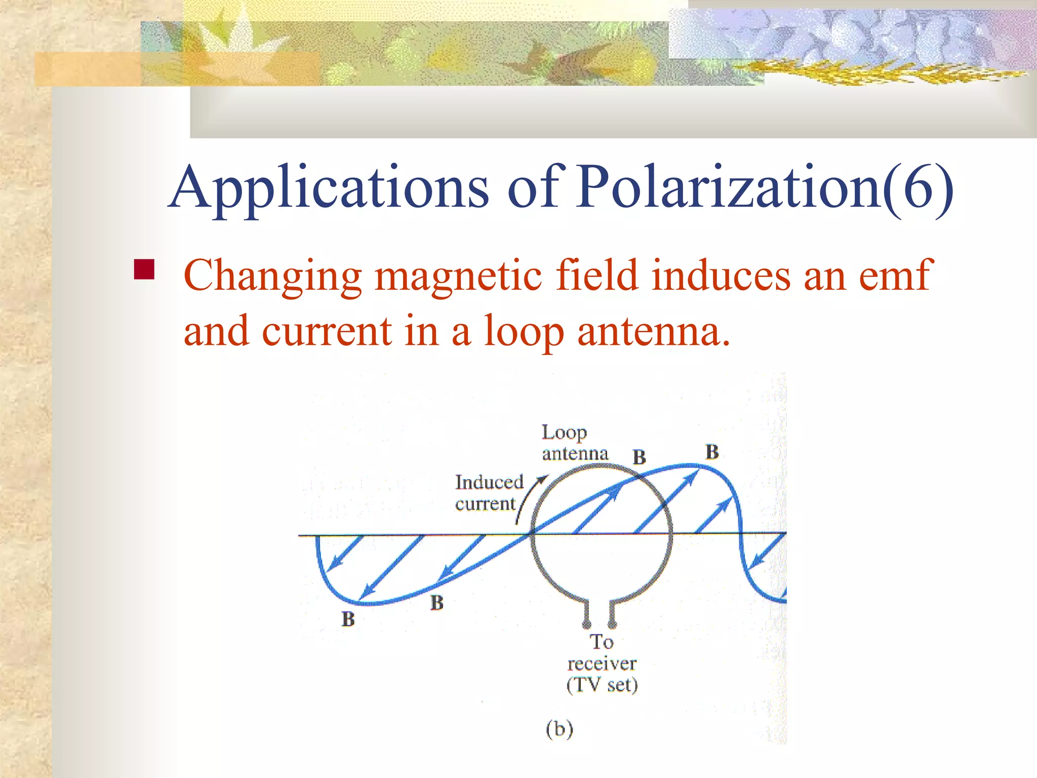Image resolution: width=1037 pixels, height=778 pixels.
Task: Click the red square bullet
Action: point(144,269)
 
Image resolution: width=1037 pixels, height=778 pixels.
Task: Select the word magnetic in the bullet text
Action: point(458,276)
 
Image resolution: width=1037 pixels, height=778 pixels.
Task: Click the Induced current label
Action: point(488,493)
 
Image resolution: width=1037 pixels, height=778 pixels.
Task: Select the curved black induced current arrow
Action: point(529,499)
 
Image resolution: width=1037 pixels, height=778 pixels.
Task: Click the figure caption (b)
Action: point(559,729)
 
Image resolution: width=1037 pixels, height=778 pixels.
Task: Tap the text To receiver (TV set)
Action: point(602,664)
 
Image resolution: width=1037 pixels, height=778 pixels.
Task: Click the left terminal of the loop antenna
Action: point(587,623)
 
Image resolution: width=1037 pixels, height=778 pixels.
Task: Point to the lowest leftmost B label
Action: point(348,619)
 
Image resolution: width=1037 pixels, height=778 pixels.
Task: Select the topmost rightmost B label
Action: point(712,452)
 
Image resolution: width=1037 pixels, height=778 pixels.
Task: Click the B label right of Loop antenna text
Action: point(639,457)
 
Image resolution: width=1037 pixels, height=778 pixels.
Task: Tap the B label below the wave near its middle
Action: point(436,603)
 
